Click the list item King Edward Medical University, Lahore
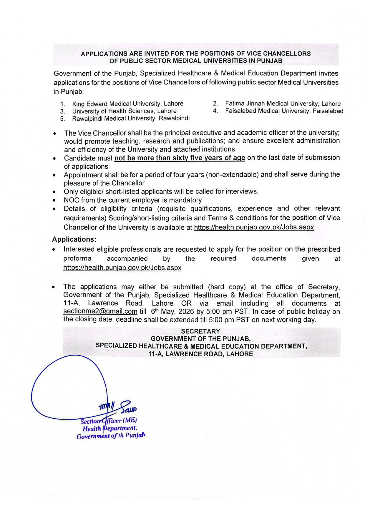coord(128,104)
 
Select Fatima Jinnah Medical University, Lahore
coord(283,103)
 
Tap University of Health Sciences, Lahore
coord(124,111)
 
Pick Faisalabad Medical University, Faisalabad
coord(284,111)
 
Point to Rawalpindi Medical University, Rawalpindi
coord(131,118)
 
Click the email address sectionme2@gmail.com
coord(100,311)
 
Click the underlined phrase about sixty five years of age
coord(180,158)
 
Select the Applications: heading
coord(74,239)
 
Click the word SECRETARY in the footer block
coord(200,331)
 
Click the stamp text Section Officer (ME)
coord(108,421)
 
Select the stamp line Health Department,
coord(109,428)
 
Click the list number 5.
coord(62,119)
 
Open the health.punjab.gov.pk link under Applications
coord(122,268)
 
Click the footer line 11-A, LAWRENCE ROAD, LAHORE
coord(200,354)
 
